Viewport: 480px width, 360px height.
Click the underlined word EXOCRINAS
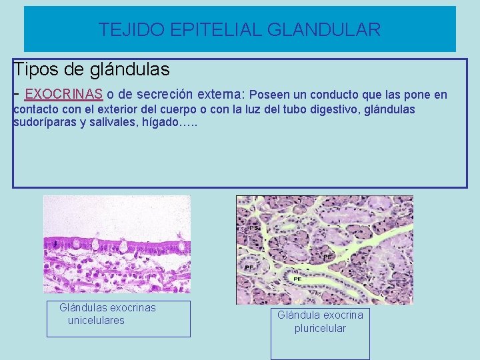tap(63, 94)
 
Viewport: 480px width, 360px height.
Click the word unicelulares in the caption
tap(96, 321)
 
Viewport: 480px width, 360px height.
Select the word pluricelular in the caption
tap(320, 328)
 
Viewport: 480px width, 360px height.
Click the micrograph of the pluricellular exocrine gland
tap(325, 250)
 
